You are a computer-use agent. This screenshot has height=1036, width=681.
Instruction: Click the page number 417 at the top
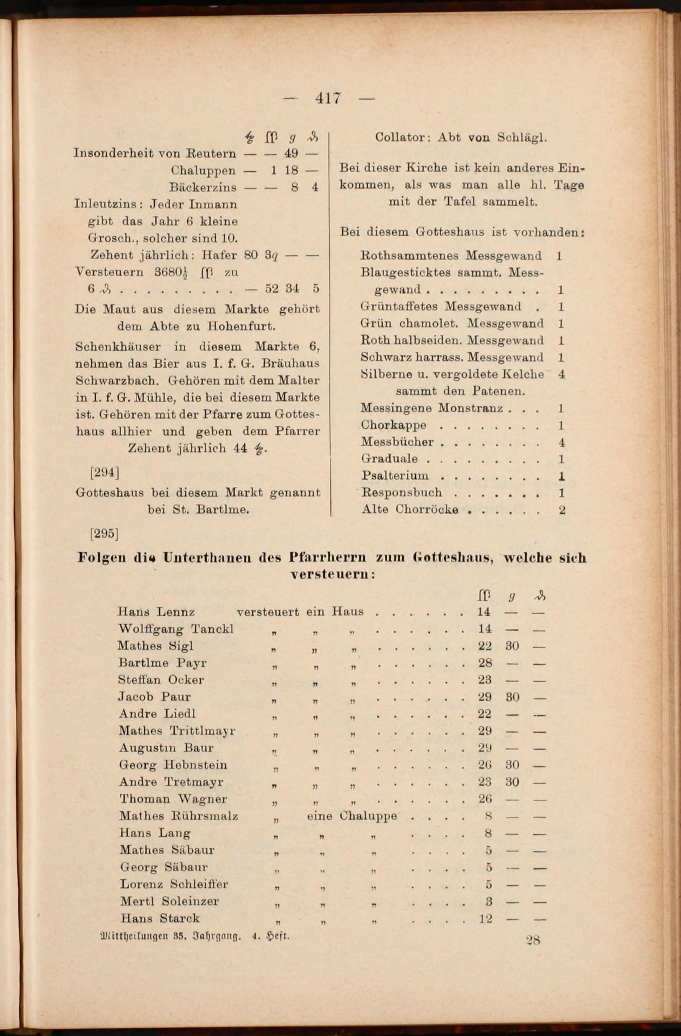328,98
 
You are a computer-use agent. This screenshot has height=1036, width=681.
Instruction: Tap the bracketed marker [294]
104,473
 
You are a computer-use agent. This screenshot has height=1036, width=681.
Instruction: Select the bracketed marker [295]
104,533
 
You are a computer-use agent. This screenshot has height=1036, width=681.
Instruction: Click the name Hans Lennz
156,612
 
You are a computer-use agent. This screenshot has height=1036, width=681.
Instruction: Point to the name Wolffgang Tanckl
176,629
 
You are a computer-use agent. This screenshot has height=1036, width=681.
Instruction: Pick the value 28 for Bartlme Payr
485,663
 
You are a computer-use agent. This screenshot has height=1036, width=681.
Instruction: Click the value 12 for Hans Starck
485,918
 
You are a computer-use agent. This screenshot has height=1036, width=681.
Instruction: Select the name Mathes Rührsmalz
178,816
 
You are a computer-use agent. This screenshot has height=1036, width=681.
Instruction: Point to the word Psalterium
395,476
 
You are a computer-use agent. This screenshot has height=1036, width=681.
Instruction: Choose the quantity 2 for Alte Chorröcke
562,510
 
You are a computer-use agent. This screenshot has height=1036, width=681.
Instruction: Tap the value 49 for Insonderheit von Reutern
291,153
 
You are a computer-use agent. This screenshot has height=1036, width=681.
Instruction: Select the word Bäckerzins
202,187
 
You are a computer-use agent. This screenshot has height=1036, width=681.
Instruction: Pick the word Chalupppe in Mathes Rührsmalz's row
368,816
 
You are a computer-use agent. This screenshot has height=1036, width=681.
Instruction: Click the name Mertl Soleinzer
169,901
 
